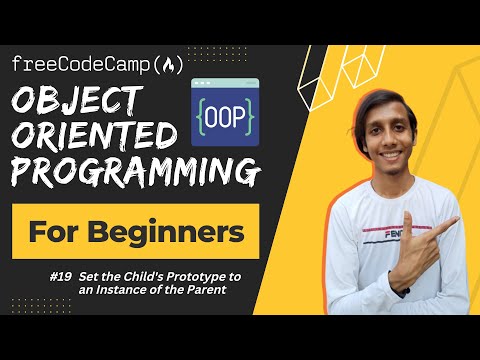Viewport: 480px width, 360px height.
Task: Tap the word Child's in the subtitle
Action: (141, 274)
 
